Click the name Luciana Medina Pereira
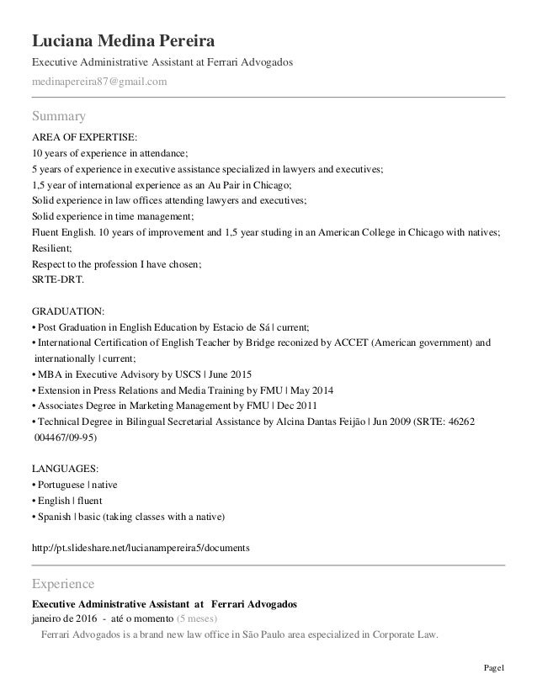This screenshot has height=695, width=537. (x=123, y=41)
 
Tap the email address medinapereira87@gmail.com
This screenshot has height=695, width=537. (x=99, y=82)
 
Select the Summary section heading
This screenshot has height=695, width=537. (x=59, y=114)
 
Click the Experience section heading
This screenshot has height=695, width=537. (x=63, y=582)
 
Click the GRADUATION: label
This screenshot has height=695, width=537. (x=69, y=310)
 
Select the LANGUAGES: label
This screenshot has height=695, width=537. (x=65, y=466)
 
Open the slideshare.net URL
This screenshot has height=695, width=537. (x=140, y=547)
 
